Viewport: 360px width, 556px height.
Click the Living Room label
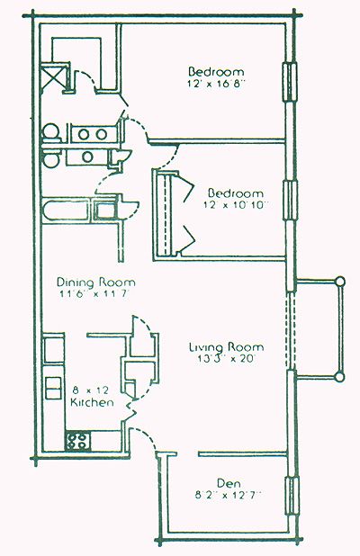click(x=226, y=346)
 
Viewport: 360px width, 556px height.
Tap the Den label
click(x=229, y=483)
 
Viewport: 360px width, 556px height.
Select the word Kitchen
click(x=92, y=402)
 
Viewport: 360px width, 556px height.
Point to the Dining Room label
click(x=96, y=282)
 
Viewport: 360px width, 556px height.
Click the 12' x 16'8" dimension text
click(x=216, y=84)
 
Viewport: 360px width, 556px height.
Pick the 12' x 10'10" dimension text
click(x=236, y=205)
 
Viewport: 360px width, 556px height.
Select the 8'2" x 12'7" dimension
click(x=229, y=495)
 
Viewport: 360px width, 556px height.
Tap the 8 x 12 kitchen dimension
click(x=91, y=391)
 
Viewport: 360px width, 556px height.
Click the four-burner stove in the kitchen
click(x=77, y=441)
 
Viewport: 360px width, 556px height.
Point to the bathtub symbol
click(x=66, y=211)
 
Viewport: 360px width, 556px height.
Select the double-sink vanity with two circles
click(x=93, y=134)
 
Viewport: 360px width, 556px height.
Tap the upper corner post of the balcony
click(x=340, y=282)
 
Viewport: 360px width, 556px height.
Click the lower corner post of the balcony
click(x=340, y=377)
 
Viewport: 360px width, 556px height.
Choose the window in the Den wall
click(x=292, y=496)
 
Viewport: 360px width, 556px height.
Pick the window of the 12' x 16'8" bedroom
click(x=290, y=82)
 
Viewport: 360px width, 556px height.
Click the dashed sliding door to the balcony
click(x=291, y=331)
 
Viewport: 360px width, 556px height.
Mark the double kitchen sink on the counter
click(x=53, y=389)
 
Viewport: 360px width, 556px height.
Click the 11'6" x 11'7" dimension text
click(x=94, y=294)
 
